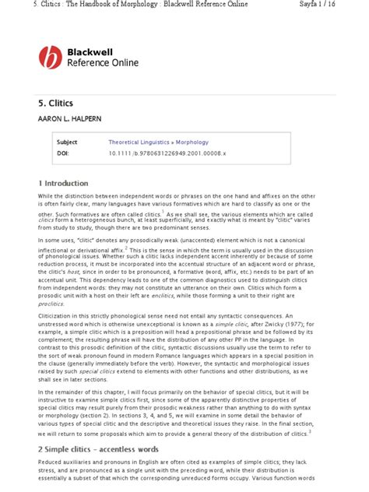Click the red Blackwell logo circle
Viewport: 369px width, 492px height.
pos(51,57)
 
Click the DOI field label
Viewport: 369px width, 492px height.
pos(62,154)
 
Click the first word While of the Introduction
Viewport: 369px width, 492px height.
pos(46,197)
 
